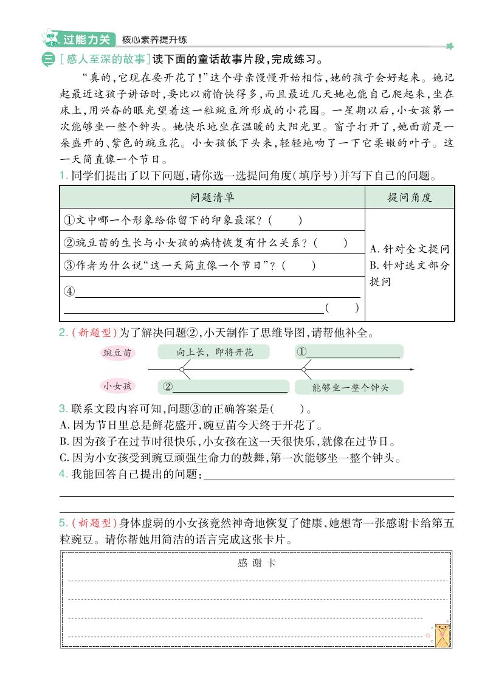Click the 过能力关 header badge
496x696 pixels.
tap(86, 40)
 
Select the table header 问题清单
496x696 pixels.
tap(212, 197)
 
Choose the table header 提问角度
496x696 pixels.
tap(409, 197)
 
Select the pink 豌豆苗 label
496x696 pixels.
tap(117, 353)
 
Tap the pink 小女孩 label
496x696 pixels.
tap(117, 386)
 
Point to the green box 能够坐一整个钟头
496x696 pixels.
tap(349, 387)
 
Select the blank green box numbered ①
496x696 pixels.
tap(349, 352)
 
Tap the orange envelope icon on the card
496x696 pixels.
tap(443, 636)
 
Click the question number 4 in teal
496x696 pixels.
tap(63, 474)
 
